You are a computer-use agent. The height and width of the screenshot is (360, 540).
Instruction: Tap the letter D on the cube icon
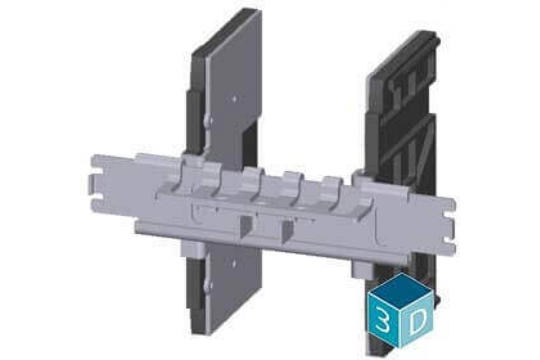click(x=418, y=321)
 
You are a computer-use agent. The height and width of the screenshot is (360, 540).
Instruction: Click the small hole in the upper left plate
click(x=234, y=97)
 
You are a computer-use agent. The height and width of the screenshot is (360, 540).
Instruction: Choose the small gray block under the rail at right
click(x=361, y=269)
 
